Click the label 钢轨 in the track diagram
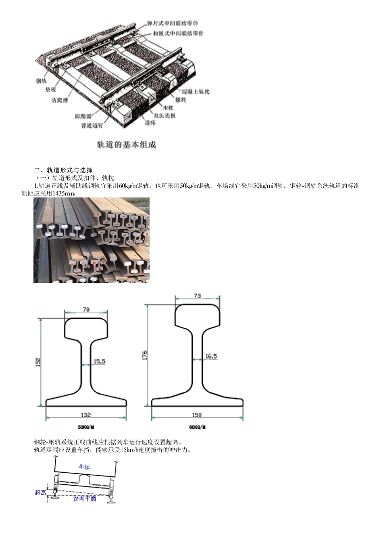pos(42,81)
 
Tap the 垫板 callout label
pos(51,89)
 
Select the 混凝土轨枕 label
pos(196,92)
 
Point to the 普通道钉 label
pos(92,125)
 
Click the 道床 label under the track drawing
pos(150,123)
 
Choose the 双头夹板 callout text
pos(165,116)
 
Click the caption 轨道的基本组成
pos(126,145)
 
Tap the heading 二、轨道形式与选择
pos(63,170)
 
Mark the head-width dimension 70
pos(86,309)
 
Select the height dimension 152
pos(37,361)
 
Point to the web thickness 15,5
pos(99,361)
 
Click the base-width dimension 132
pos(86,415)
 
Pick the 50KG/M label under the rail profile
pos(86,427)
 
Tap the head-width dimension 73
pos(197,295)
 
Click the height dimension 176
pos(145,355)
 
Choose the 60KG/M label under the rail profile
pos(197,427)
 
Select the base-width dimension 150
pos(197,415)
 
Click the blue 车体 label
pos(84,467)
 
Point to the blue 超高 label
pos(40,492)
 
